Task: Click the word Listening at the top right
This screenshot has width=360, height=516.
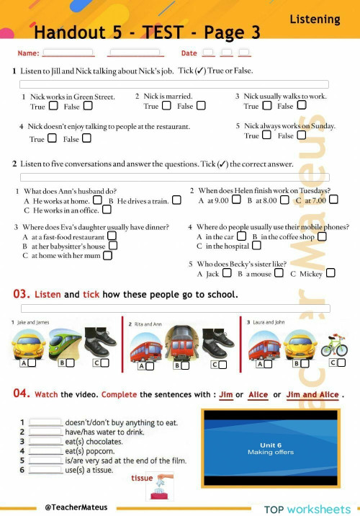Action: click(x=315, y=19)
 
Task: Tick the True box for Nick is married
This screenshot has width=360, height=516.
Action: click(x=166, y=106)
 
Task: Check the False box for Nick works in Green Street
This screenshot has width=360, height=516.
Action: click(x=87, y=106)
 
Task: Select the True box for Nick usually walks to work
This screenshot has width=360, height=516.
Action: click(x=266, y=106)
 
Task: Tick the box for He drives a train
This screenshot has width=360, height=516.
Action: click(x=176, y=200)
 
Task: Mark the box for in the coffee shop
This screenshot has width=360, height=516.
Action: click(x=321, y=236)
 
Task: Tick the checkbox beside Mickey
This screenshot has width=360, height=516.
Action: click(x=330, y=273)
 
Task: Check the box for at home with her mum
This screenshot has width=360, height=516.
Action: click(x=107, y=255)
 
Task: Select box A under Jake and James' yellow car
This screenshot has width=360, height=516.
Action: click(x=31, y=362)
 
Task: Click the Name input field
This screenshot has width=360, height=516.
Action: click(x=68, y=53)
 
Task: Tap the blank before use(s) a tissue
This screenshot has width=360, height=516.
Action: click(x=46, y=469)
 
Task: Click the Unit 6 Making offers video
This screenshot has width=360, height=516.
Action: click(x=270, y=448)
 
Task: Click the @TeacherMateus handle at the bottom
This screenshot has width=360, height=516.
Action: click(x=77, y=507)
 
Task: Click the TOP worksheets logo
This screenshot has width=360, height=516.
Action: click(x=307, y=509)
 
